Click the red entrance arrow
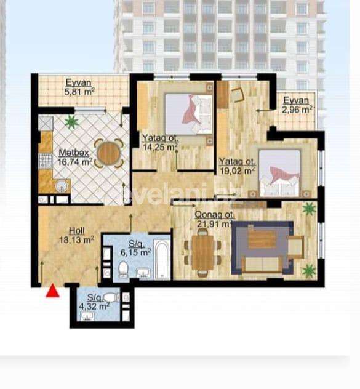[x=53, y=291]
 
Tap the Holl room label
[x=68, y=233]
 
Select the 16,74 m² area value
[x=75, y=162]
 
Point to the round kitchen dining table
[x=108, y=153]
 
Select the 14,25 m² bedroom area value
[x=159, y=147]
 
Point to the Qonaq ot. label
[x=215, y=215]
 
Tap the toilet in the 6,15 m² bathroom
[x=123, y=268]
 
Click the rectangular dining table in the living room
[x=202, y=253]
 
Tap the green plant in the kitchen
[x=72, y=122]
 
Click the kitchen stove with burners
[x=44, y=161]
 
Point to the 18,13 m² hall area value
[x=76, y=241]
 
